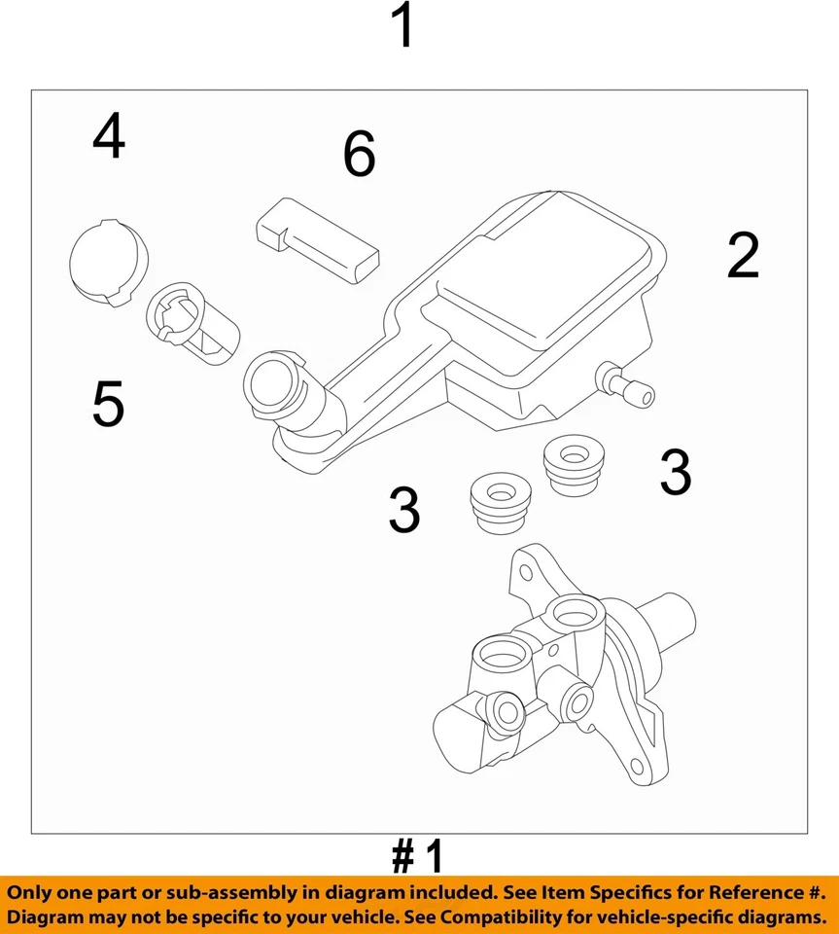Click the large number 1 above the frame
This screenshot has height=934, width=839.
pyautogui.click(x=402, y=27)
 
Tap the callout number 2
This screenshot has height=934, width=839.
pyautogui.click(x=743, y=257)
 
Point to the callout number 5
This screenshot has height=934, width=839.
pyautogui.click(x=108, y=404)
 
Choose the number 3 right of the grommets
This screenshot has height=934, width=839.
pyautogui.click(x=675, y=473)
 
